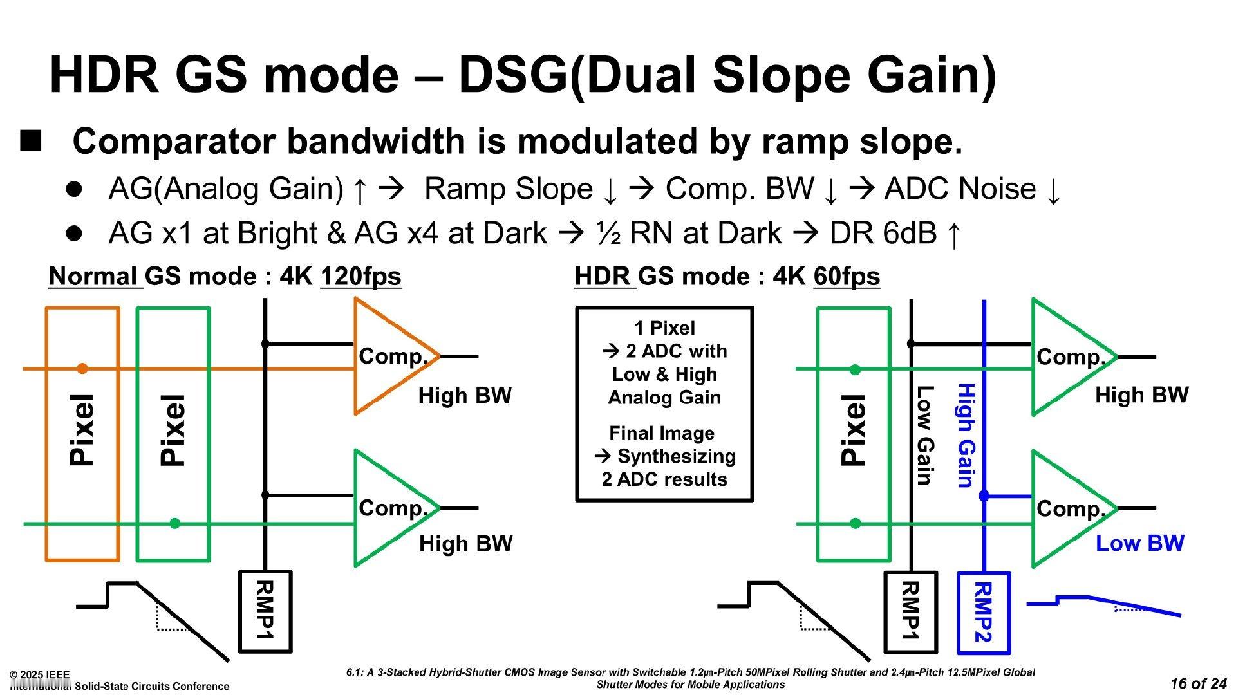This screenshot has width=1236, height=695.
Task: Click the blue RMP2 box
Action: tap(984, 613)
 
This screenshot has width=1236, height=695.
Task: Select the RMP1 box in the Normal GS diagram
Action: tap(265, 611)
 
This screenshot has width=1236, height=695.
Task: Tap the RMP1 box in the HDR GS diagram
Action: tap(910, 612)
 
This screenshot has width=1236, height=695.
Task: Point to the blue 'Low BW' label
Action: tap(1139, 543)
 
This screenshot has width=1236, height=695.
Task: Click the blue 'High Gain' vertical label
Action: tap(966, 436)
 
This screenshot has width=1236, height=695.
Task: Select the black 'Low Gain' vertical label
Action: tap(924, 436)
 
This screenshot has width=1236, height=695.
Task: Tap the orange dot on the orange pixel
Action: tap(82, 369)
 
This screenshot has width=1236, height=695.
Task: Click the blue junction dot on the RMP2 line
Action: tap(984, 496)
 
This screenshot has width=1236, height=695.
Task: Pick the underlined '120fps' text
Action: tap(360, 277)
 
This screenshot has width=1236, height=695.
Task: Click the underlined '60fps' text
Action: tap(847, 277)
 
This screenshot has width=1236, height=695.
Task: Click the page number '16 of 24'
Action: tap(1198, 683)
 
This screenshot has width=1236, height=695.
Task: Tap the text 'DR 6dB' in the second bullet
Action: tap(883, 233)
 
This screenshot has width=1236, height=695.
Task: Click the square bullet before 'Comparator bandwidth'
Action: tap(31, 140)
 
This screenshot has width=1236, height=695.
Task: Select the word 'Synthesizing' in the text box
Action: tap(676, 456)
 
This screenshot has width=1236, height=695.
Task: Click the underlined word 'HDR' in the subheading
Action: tap(604, 277)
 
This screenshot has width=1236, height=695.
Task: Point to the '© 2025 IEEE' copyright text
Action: tap(39, 674)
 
